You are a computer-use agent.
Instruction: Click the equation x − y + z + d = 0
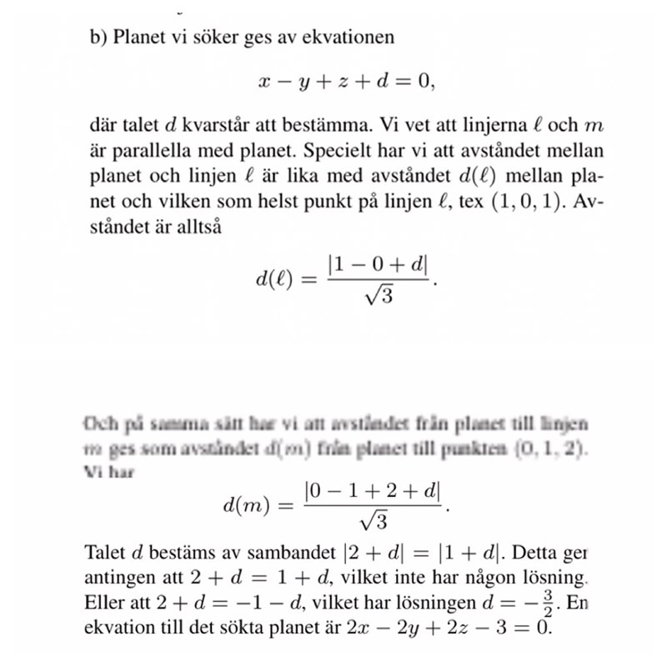(346, 82)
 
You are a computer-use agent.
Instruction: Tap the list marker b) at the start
(98, 38)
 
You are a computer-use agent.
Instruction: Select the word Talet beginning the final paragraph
(106, 552)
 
